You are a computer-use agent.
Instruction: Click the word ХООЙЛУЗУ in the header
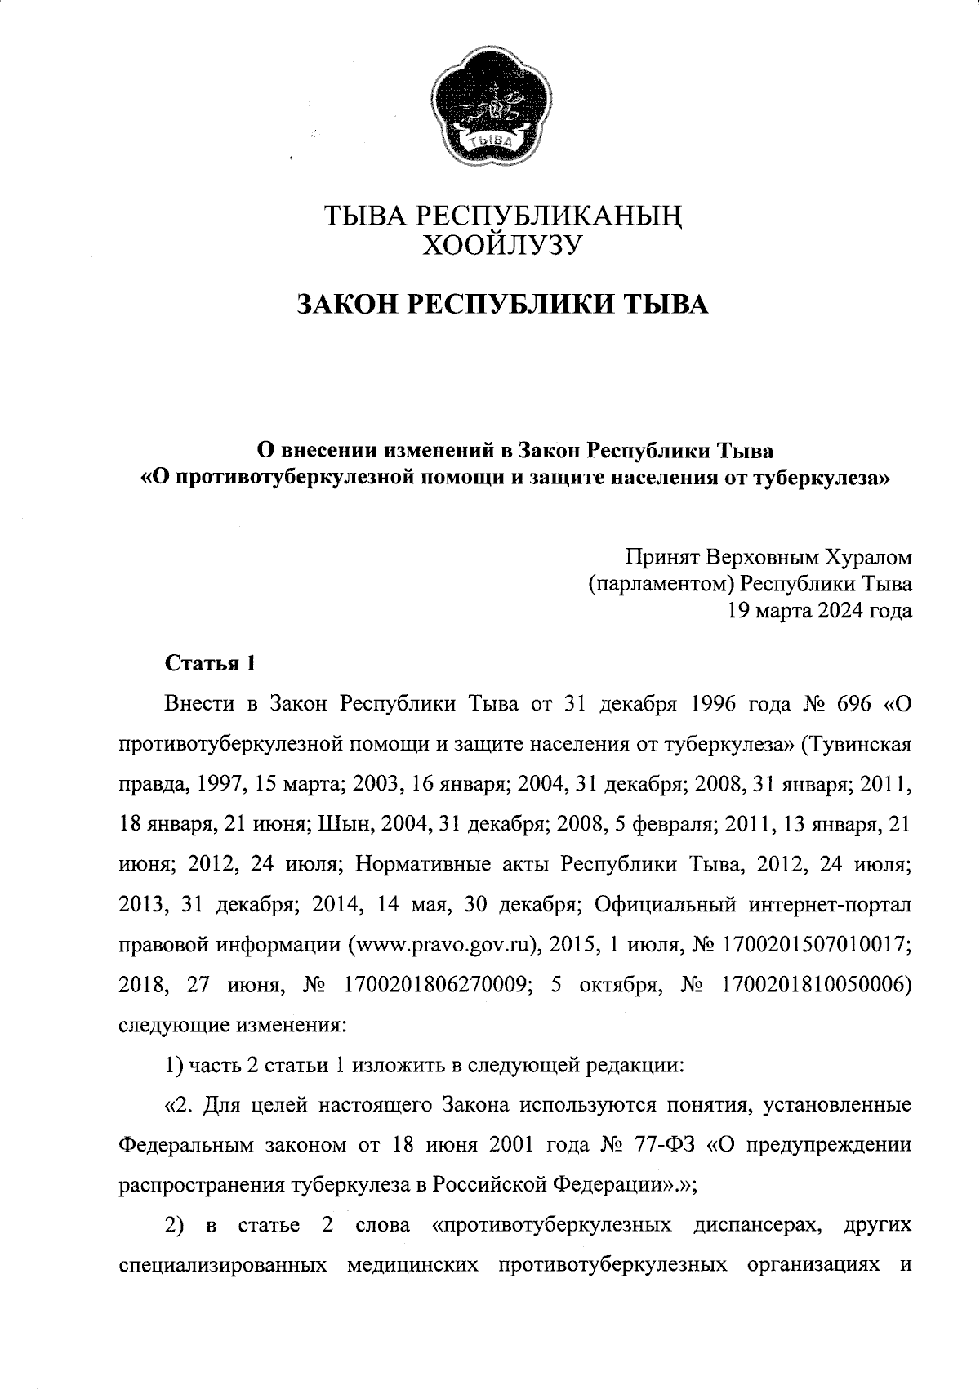(500, 243)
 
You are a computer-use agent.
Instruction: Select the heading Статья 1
(212, 663)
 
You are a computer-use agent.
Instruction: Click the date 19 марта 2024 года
(820, 610)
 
